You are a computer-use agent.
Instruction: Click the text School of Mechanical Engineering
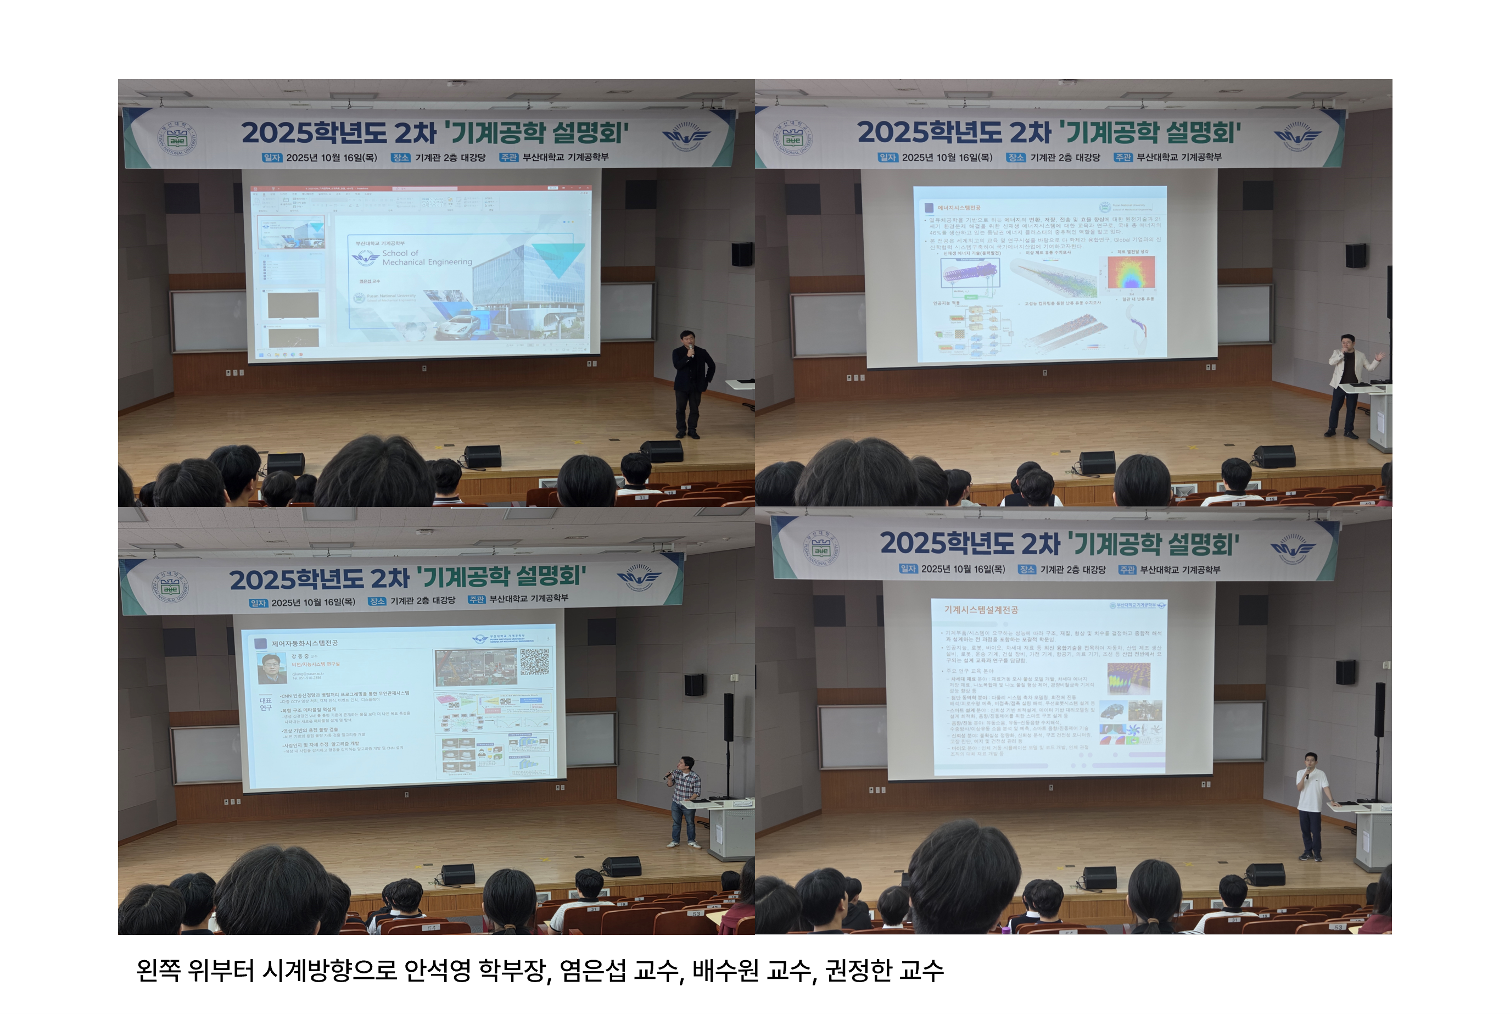coord(427,258)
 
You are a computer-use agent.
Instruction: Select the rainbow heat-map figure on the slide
coord(1131,272)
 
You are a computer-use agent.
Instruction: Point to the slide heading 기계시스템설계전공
coord(981,609)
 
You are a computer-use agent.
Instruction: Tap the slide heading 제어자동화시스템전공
coord(304,643)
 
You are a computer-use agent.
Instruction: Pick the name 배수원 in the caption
coord(725,970)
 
